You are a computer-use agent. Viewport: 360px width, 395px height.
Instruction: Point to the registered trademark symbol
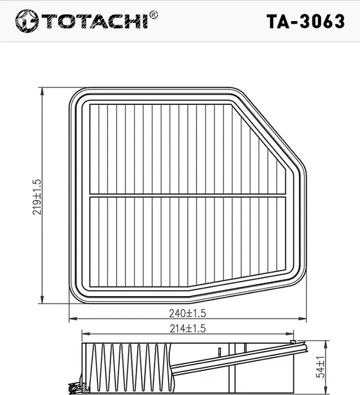click(154, 14)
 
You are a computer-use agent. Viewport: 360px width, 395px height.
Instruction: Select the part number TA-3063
click(305, 21)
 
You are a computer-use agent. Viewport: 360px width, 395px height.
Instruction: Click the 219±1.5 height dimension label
click(37, 196)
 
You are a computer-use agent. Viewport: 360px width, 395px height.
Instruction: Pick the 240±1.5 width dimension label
click(187, 314)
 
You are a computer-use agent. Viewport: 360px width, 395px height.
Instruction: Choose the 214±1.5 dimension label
click(187, 328)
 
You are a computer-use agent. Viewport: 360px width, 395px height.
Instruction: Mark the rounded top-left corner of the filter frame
click(78, 95)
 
